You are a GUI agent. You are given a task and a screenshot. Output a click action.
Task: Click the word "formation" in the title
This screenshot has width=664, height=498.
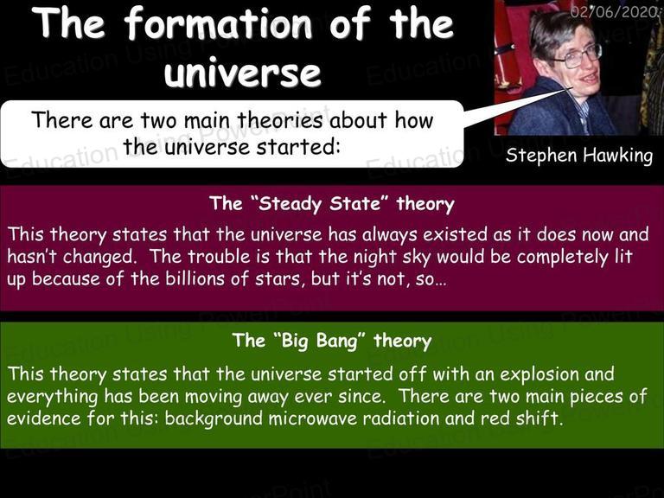pyautogui.click(x=218, y=24)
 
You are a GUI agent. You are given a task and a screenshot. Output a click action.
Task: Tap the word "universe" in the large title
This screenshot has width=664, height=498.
pyautogui.click(x=243, y=73)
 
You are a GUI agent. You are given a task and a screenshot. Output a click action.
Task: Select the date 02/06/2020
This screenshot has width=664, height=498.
pyautogui.click(x=615, y=12)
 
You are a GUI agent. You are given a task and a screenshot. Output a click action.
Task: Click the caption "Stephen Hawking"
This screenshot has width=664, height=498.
pyautogui.click(x=579, y=156)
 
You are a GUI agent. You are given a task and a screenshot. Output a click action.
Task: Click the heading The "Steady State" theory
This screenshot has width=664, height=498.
pyautogui.click(x=332, y=204)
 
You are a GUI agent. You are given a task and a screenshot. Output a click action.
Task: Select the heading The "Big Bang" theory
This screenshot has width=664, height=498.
pyautogui.click(x=332, y=341)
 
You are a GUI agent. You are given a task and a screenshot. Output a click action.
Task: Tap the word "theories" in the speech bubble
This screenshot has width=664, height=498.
pyautogui.click(x=279, y=120)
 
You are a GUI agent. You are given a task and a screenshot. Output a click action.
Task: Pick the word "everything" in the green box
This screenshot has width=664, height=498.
pyautogui.click(x=53, y=397)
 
